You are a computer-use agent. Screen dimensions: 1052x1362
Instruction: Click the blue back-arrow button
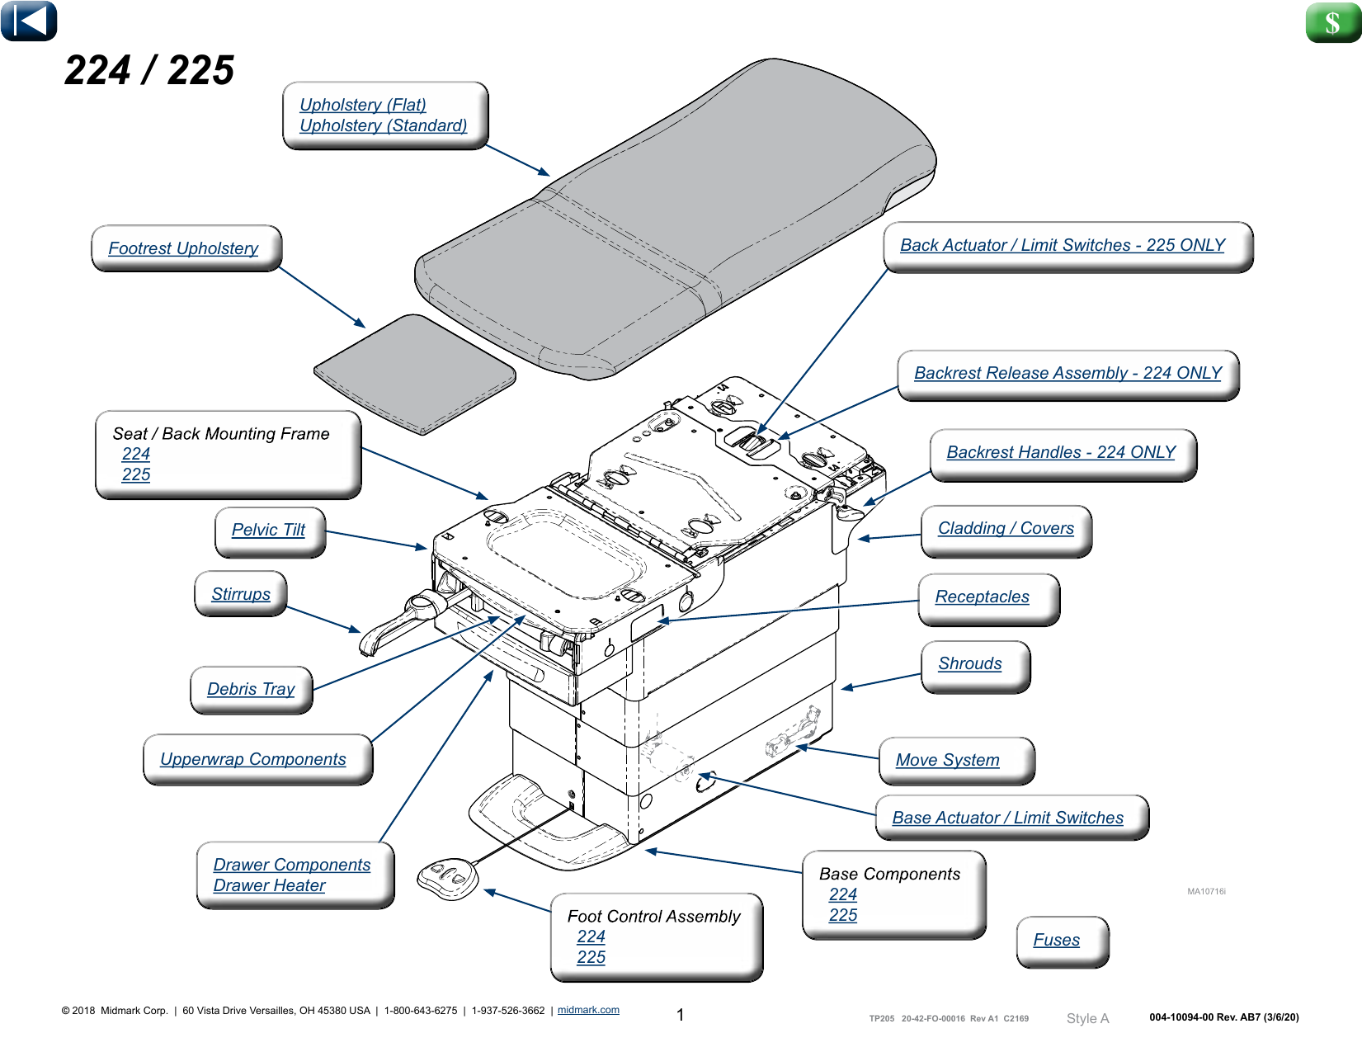click(29, 21)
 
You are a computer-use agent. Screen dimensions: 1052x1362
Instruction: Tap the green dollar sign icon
click(1331, 22)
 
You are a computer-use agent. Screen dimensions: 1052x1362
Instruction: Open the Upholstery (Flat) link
click(363, 105)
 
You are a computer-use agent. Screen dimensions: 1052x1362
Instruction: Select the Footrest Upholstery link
click(183, 248)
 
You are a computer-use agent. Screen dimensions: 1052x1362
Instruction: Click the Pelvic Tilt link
click(268, 530)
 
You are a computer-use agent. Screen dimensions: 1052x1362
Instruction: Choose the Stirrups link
click(241, 594)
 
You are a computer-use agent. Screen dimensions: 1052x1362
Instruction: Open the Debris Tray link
click(251, 689)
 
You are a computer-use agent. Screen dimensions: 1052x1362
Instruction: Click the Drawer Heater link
click(269, 885)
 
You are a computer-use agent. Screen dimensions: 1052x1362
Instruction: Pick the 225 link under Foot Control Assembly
click(591, 957)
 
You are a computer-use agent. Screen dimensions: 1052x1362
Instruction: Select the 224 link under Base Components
click(842, 894)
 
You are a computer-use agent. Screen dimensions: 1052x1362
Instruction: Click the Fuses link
click(1056, 940)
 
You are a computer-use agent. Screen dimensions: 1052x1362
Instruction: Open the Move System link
click(947, 760)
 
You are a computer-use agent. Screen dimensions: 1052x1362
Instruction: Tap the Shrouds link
click(969, 663)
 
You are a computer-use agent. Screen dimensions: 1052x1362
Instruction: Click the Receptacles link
click(982, 597)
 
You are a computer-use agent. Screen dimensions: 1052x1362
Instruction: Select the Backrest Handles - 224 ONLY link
click(1061, 452)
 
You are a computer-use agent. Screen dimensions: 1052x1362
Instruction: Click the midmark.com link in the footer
click(588, 1010)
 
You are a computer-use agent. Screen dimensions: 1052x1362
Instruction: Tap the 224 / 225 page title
click(149, 70)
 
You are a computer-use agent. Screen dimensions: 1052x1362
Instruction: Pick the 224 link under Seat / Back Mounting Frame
click(136, 454)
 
